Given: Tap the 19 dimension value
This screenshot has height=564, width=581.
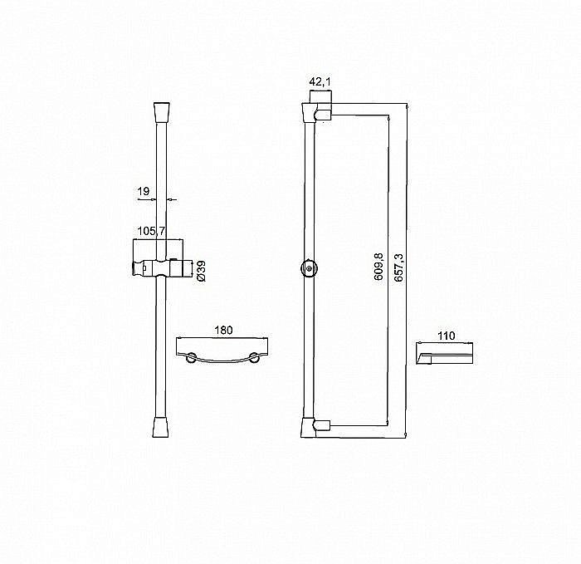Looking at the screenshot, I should (143, 191).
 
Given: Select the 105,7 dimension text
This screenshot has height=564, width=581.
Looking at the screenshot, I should (150, 230).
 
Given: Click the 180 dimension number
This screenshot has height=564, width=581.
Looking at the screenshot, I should (223, 330).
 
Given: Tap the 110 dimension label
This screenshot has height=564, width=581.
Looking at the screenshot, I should (447, 336).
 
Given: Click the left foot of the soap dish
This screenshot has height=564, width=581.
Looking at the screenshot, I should (191, 358).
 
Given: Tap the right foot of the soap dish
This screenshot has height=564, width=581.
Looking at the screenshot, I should (256, 358).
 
